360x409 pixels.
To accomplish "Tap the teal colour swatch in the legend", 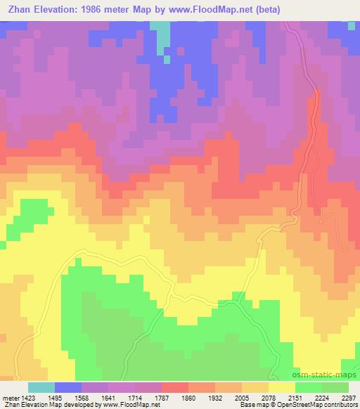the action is [41, 387].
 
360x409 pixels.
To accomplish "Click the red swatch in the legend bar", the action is [175, 387].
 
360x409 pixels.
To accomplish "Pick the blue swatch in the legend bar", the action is [68, 387].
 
